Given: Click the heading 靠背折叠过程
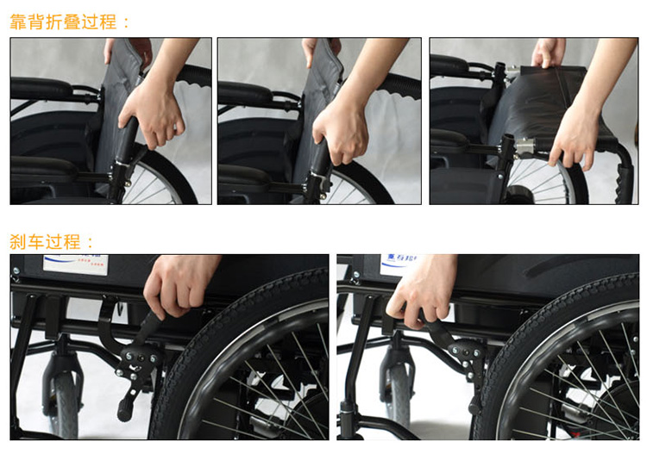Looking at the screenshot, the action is point(63,22).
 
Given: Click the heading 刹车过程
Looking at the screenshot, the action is point(45,242).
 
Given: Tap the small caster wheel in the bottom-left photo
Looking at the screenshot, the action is point(65,402).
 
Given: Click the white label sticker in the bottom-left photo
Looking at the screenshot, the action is point(76,264).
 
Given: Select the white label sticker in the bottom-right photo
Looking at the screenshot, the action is point(399,263).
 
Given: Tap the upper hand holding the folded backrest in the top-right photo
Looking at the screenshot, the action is point(548,53).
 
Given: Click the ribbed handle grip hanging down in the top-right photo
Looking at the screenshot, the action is point(624,183).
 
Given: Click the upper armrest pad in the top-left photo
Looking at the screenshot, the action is point(41,88).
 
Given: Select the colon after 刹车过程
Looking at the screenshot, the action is point(91,243).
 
